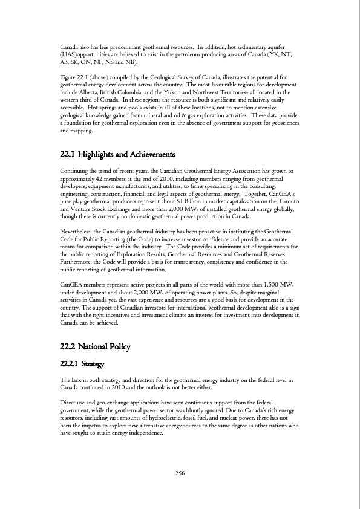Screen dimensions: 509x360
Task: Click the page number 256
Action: click(x=180, y=473)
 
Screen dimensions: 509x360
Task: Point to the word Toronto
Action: click(x=282, y=198)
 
